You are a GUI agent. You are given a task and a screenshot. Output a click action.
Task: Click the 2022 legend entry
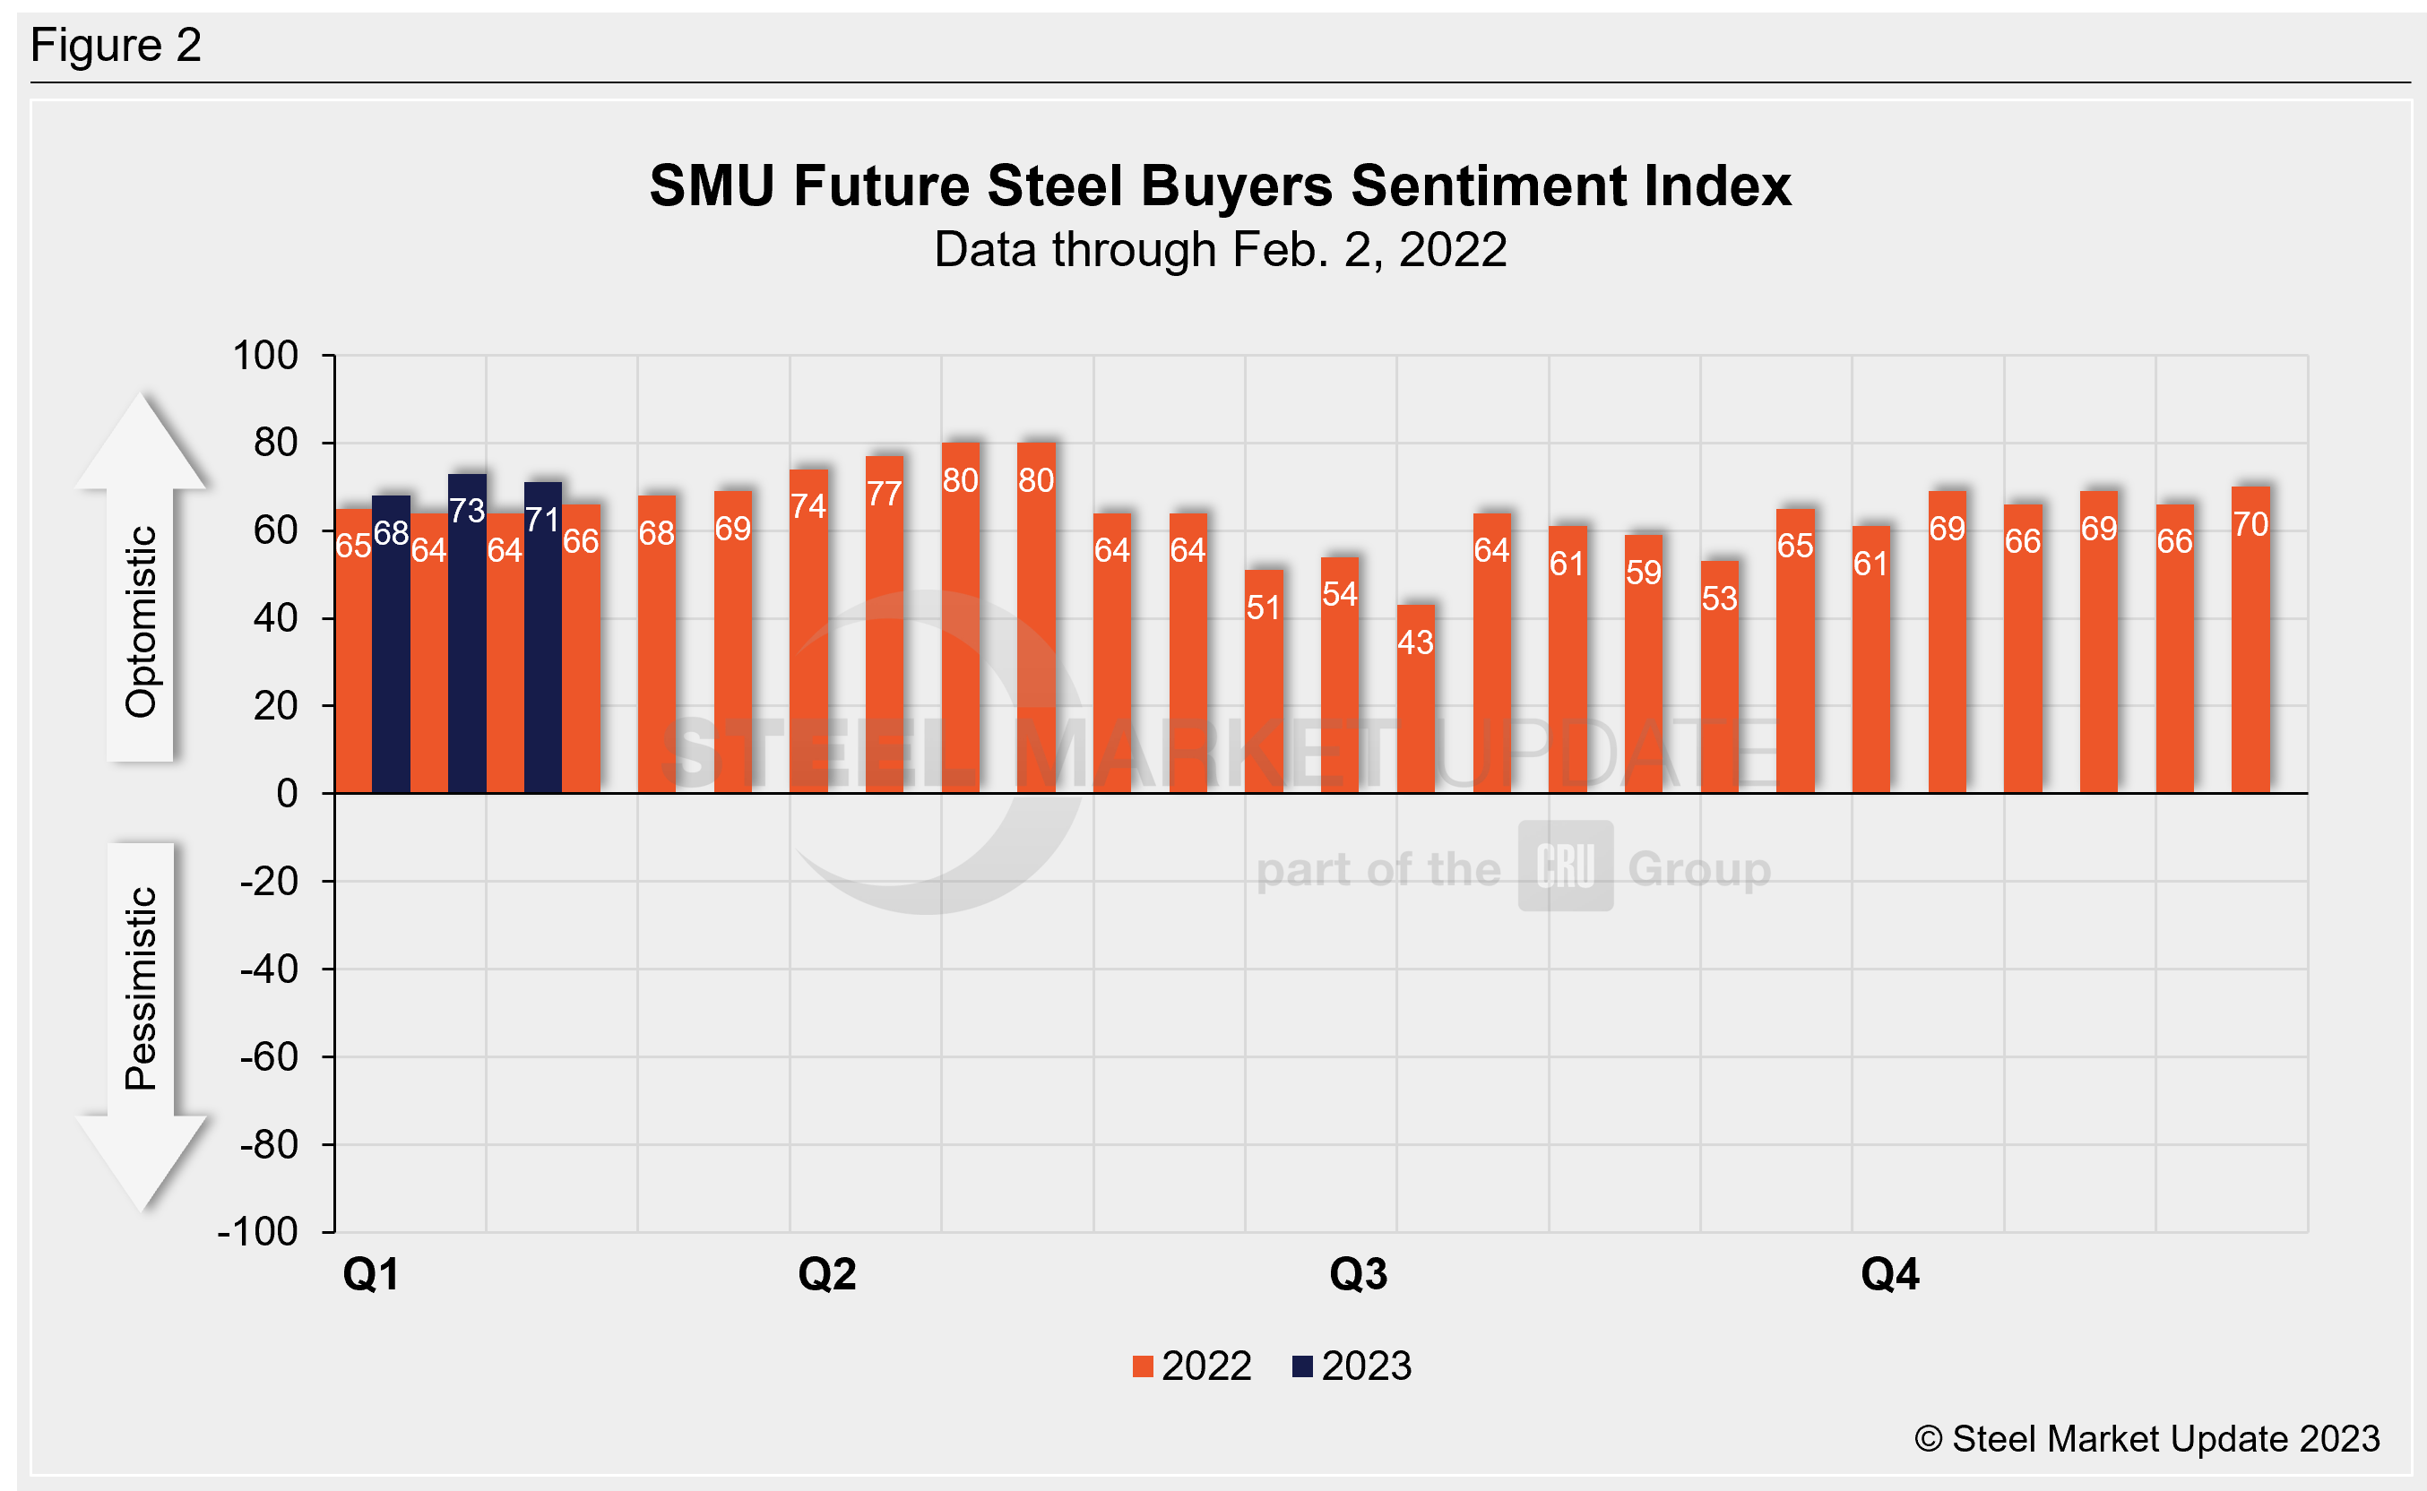click(1192, 1366)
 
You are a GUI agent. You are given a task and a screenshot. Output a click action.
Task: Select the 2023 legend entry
click(1352, 1366)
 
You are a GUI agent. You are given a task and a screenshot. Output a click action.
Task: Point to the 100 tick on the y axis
click(265, 356)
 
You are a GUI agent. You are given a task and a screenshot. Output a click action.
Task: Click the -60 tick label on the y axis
click(268, 1057)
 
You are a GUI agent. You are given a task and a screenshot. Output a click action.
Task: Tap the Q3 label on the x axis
click(1358, 1275)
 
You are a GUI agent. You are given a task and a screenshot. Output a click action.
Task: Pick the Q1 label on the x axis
click(371, 1275)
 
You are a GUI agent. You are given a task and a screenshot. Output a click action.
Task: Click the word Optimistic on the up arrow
click(141, 621)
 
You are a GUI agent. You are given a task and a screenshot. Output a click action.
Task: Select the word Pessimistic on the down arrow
click(141, 988)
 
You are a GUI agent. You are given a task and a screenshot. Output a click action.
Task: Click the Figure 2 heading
click(117, 46)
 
